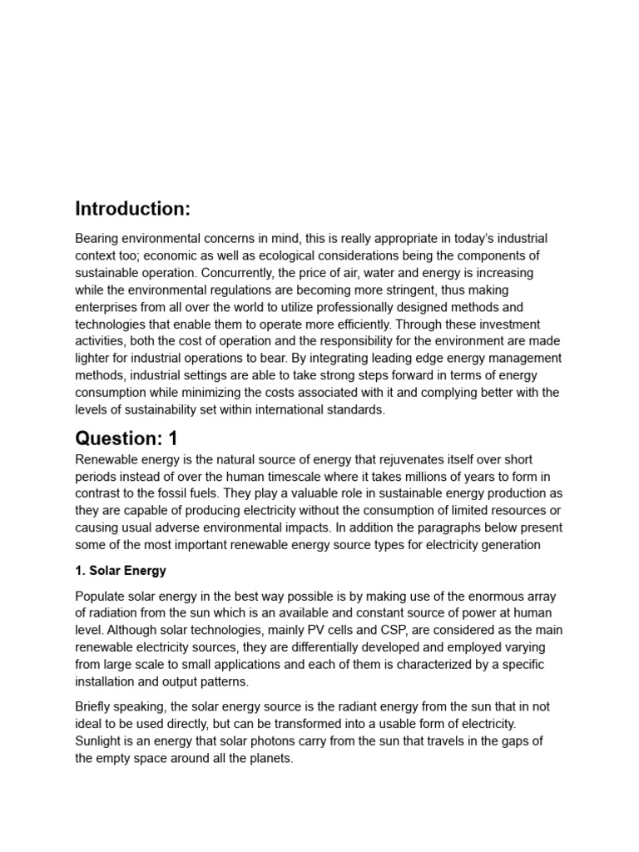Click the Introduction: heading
pos(133,208)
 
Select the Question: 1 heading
pos(126,438)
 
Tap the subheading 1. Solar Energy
pos(121,571)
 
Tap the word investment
pos(505,324)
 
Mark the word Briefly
pos(96,707)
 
